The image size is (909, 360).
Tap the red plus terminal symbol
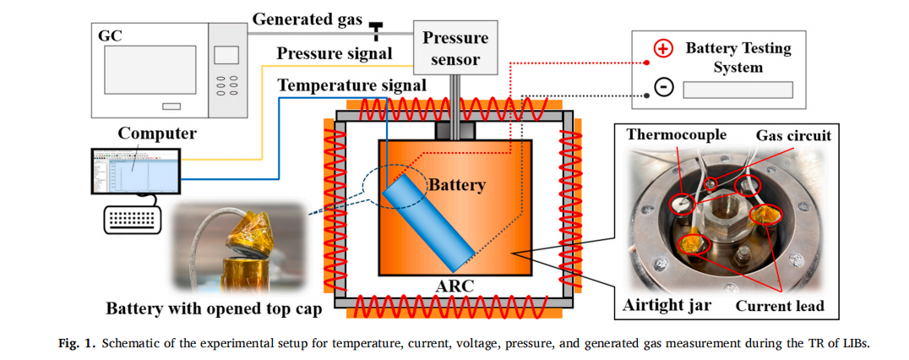[x=663, y=48]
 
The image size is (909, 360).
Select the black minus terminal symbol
[x=663, y=88]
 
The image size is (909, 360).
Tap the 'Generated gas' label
[x=307, y=18]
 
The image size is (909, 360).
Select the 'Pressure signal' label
[x=335, y=54]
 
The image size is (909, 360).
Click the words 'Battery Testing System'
[x=738, y=57]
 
